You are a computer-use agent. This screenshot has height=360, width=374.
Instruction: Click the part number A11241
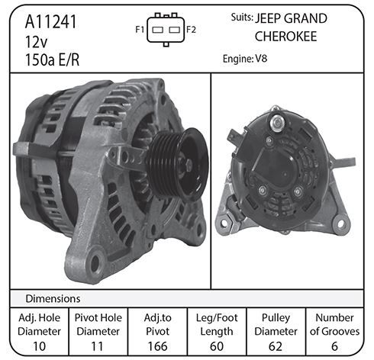coord(51,22)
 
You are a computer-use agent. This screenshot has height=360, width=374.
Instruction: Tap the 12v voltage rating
coord(37,42)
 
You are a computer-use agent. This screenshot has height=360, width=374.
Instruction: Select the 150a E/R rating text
coord(52,60)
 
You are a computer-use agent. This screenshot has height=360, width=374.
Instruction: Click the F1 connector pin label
coord(140,30)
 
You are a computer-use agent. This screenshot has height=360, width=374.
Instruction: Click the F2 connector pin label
coord(191,30)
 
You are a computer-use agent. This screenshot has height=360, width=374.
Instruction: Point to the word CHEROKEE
coord(285,37)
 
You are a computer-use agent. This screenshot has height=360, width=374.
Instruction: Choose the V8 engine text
coord(261,59)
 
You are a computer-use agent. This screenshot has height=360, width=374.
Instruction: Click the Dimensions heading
coord(53,299)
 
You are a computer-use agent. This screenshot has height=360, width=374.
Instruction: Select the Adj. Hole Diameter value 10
coord(40,346)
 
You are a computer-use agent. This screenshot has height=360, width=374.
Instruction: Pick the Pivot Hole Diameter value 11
coord(97,346)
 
